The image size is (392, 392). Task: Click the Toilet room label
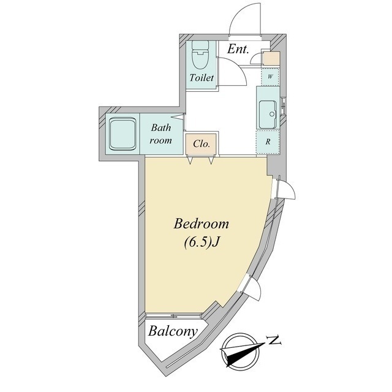click(x=202, y=78)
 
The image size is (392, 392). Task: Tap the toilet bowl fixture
click(x=200, y=59)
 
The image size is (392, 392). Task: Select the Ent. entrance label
click(x=238, y=49)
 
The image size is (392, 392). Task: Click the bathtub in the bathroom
click(x=123, y=134)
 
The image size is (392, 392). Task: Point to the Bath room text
click(x=160, y=134)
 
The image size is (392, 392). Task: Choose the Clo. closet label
click(x=202, y=144)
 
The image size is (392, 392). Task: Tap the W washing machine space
click(x=270, y=77)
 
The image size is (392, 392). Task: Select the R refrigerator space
click(x=268, y=141)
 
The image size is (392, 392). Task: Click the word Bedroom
click(x=202, y=224)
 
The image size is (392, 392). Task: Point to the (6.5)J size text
click(x=202, y=243)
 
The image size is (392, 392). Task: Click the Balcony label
click(x=173, y=331)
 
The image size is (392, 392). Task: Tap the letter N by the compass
click(x=274, y=341)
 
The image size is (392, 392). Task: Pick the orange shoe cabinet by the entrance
click(x=271, y=58)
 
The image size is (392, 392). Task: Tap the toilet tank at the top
click(x=200, y=45)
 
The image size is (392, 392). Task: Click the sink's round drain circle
click(x=272, y=115)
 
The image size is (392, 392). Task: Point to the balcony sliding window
click(x=173, y=316)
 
